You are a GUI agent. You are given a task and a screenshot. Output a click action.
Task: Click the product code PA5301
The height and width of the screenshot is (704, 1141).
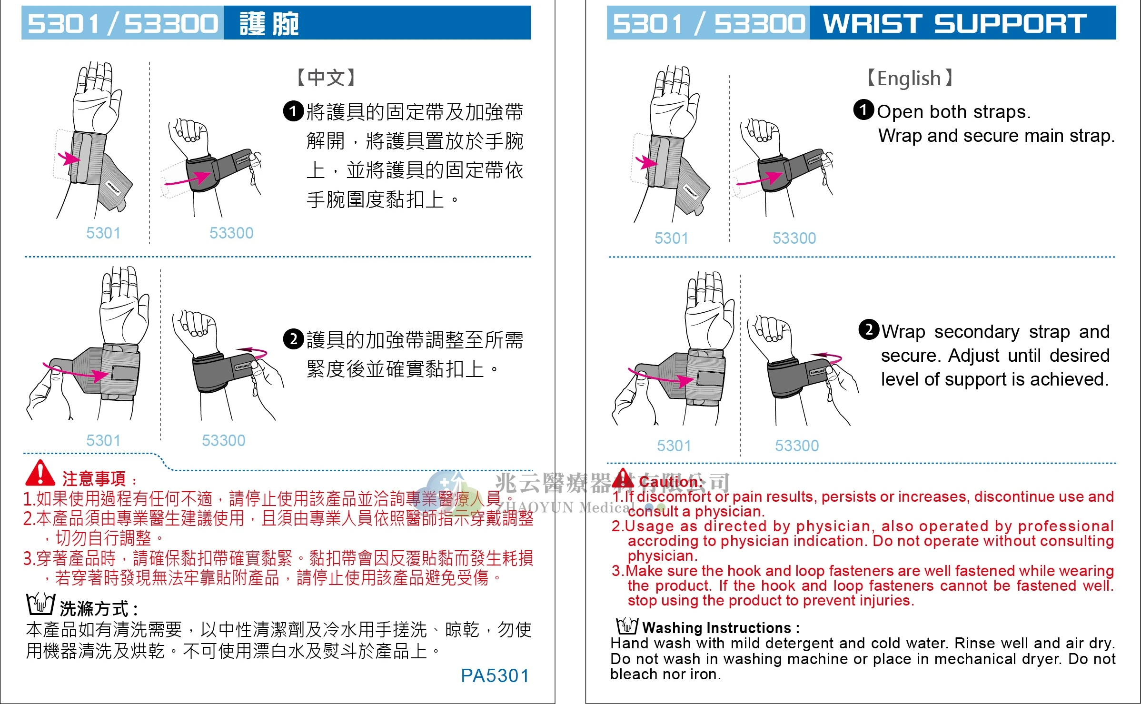(495, 676)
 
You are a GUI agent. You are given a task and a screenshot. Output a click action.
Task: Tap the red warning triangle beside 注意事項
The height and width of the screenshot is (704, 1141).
(40, 473)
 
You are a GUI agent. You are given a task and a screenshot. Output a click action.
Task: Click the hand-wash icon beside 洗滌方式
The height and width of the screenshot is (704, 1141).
(40, 604)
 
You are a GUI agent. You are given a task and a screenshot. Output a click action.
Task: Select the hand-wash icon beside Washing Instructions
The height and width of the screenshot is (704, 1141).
(627, 625)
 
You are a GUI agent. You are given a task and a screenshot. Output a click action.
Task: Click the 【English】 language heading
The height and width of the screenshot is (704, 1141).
(909, 78)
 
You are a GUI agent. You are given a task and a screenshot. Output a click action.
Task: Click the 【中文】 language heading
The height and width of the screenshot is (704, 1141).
(326, 78)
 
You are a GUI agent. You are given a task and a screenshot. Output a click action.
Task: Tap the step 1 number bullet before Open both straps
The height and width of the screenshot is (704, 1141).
(863, 110)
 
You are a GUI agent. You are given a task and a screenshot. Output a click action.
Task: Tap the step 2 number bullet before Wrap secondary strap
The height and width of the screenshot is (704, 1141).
(869, 329)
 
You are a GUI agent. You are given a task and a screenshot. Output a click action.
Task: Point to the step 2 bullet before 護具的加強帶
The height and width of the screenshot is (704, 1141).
(293, 339)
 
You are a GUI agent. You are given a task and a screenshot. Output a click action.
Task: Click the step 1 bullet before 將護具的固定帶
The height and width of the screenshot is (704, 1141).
(293, 111)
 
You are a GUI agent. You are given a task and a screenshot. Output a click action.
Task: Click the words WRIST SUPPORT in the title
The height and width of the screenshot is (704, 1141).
(955, 23)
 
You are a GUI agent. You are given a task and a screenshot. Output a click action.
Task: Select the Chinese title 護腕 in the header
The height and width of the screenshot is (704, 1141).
(269, 24)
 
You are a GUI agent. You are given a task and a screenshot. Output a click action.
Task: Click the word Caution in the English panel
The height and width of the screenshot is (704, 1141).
(669, 482)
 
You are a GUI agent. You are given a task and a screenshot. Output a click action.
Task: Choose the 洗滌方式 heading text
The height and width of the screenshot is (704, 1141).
(94, 608)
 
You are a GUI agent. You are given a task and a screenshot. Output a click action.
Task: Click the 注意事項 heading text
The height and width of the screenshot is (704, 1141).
(94, 478)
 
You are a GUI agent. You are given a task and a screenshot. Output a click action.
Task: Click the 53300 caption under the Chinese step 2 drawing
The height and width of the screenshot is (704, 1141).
(224, 440)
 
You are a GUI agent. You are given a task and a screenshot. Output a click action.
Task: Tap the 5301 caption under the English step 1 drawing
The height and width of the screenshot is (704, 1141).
(671, 238)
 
